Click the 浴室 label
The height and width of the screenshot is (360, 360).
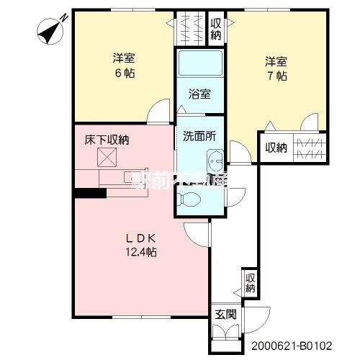[x=199, y=94]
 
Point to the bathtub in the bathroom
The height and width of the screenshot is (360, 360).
[x=199, y=67]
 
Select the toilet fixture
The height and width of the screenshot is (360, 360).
[x=193, y=201]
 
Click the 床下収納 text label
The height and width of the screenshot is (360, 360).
[x=106, y=140]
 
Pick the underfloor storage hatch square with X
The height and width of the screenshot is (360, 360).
[x=107, y=158]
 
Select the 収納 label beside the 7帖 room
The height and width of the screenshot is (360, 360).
[x=276, y=148]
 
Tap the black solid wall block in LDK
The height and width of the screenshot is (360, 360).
[x=85, y=192]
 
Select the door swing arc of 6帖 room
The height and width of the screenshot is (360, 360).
[x=156, y=113]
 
